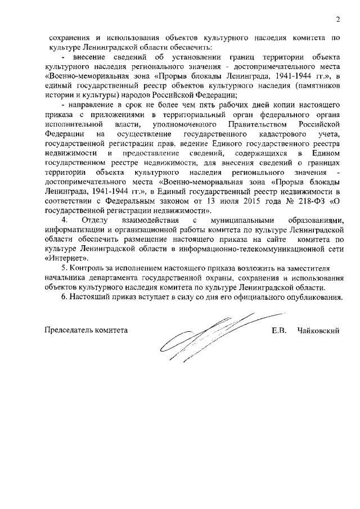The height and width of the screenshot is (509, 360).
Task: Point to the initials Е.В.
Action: (x=280, y=331)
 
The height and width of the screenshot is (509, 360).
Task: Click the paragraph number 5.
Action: (x=65, y=269)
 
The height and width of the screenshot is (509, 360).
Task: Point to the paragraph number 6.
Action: (x=65, y=297)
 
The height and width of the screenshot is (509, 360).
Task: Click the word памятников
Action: (x=317, y=85)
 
